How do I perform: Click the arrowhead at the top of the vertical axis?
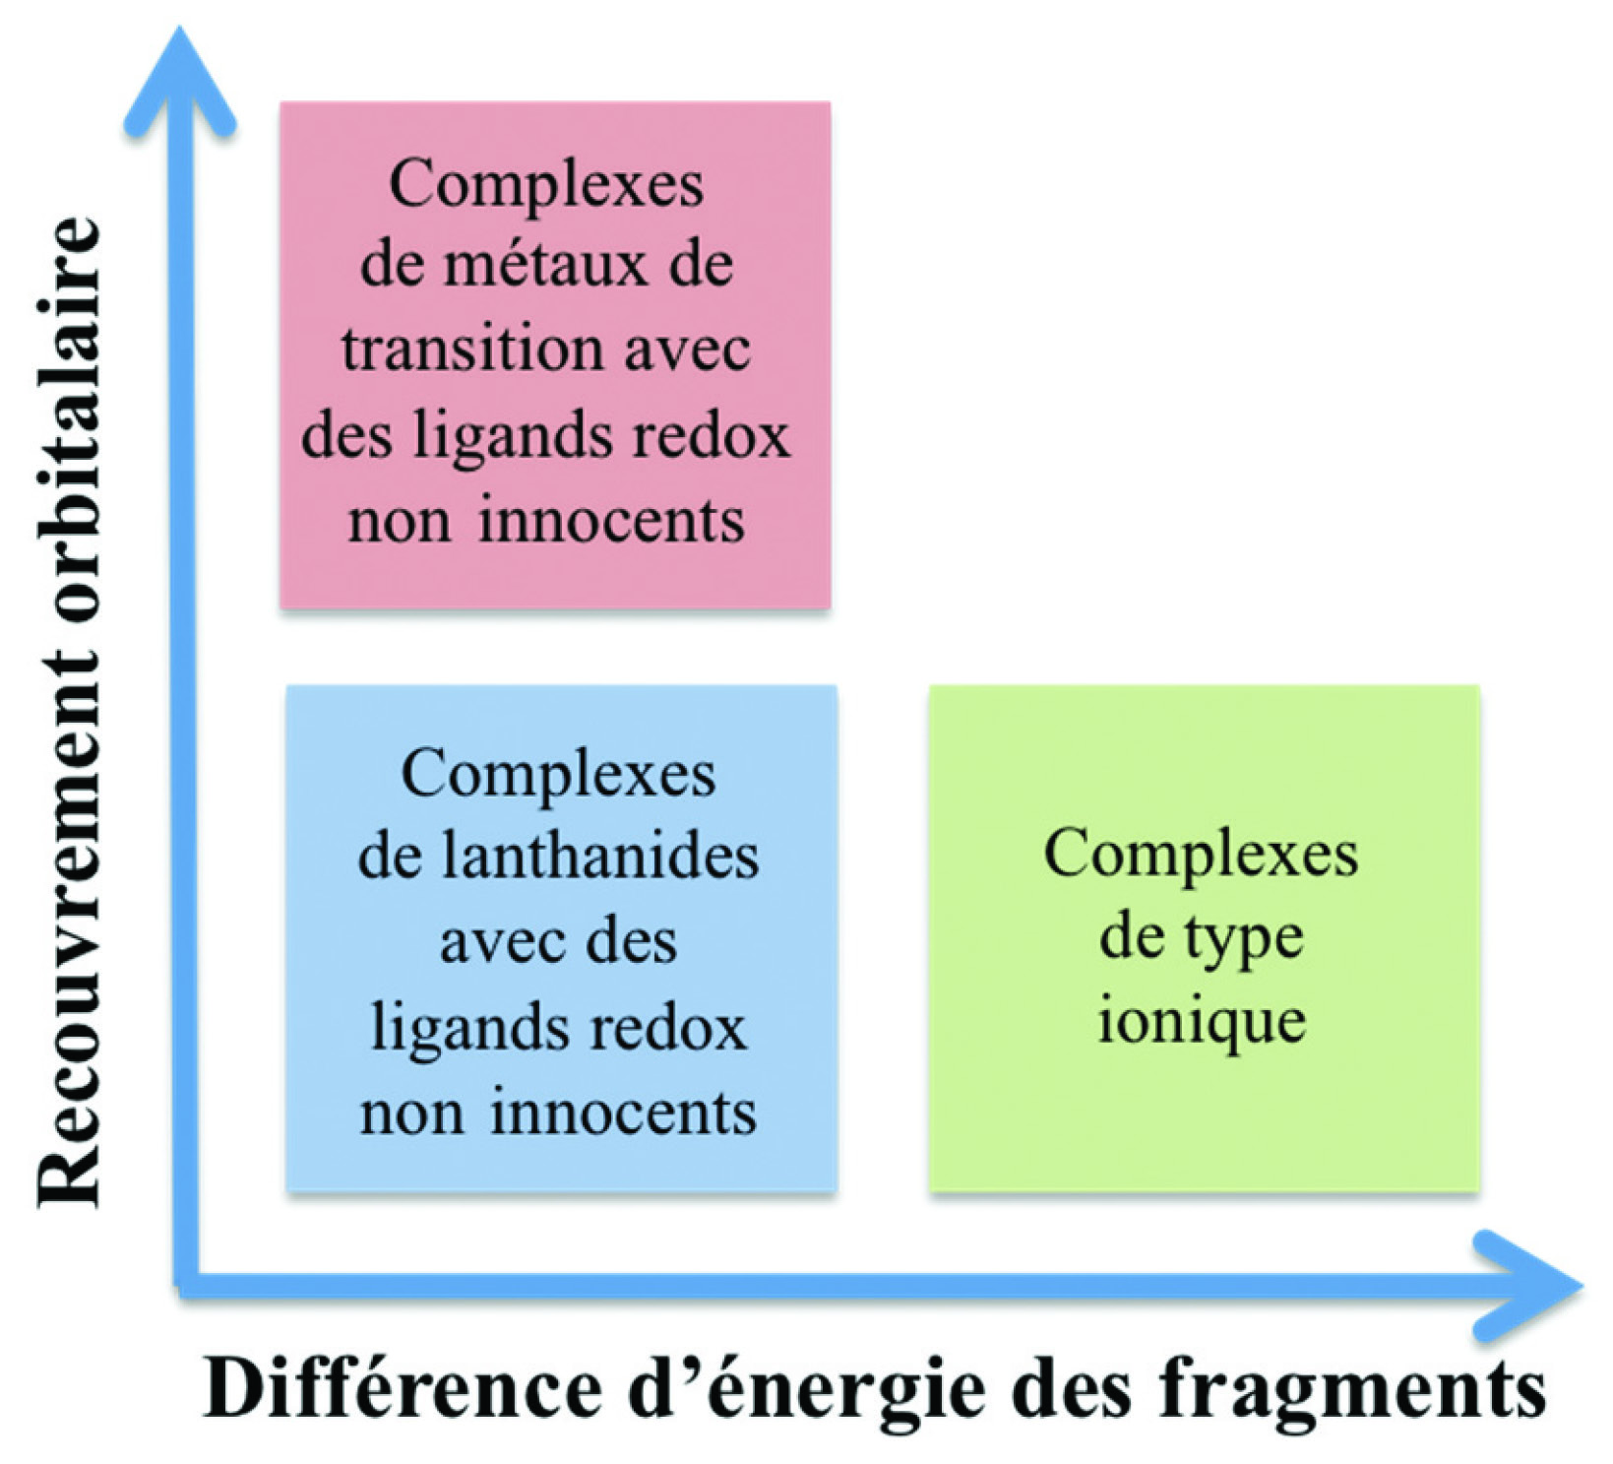point(180,69)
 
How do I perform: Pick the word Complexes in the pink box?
point(546,184)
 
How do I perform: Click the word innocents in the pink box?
point(611,520)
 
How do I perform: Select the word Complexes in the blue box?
point(558,775)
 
